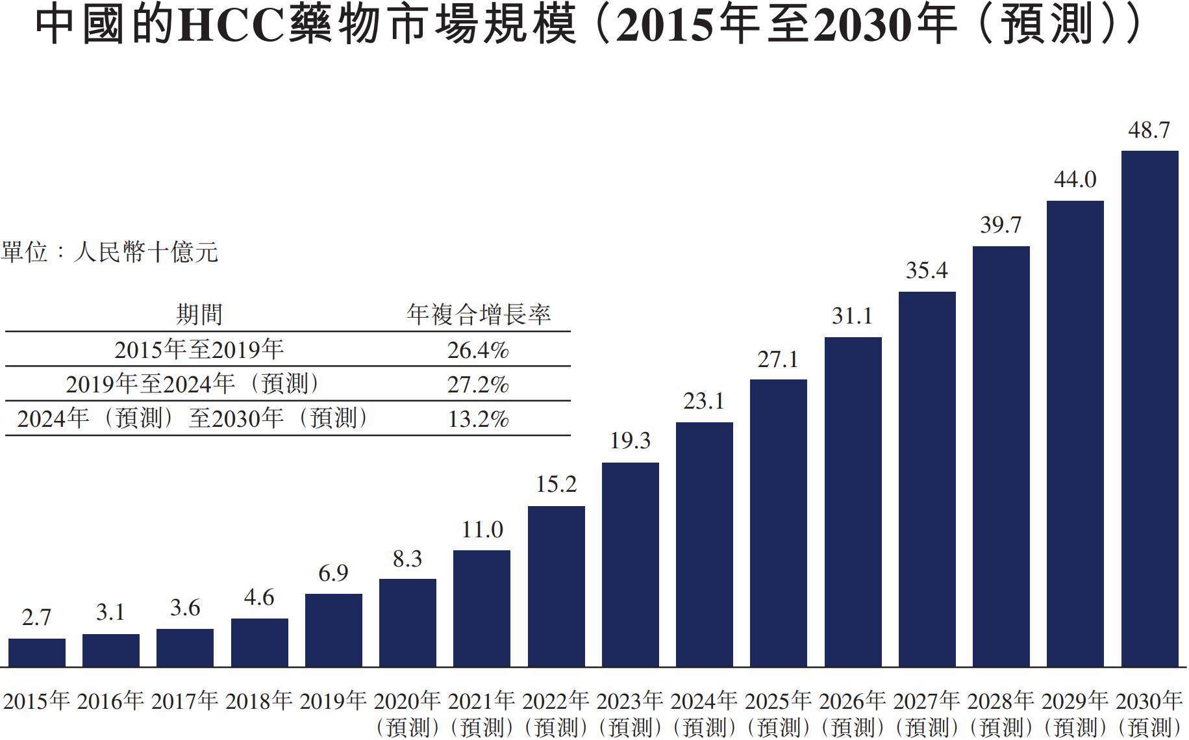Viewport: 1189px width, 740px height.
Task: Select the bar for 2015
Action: click(37, 652)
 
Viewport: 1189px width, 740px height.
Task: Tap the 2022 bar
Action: click(556, 586)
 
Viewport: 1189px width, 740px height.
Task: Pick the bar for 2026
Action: click(853, 502)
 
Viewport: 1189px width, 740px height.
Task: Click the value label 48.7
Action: click(1149, 131)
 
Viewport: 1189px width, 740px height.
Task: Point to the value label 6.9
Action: click(333, 573)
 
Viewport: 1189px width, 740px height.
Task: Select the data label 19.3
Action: click(630, 441)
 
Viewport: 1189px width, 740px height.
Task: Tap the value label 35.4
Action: click(927, 270)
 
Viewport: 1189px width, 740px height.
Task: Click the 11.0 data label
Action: click(482, 530)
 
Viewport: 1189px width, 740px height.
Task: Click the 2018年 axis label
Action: click(259, 701)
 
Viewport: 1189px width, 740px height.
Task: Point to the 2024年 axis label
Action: click(704, 701)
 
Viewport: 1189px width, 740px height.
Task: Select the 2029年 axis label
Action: click(1075, 701)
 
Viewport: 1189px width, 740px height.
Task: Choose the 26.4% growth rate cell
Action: click(478, 350)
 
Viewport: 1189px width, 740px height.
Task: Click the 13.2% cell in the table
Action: click(478, 419)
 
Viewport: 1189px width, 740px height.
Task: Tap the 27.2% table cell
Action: click(478, 385)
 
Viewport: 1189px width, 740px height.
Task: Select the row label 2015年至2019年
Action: click(199, 350)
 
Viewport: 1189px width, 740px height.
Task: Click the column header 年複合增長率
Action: click(479, 315)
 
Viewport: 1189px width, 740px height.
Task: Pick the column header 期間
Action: click(199, 315)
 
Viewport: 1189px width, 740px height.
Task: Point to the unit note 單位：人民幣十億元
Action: click(110, 252)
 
